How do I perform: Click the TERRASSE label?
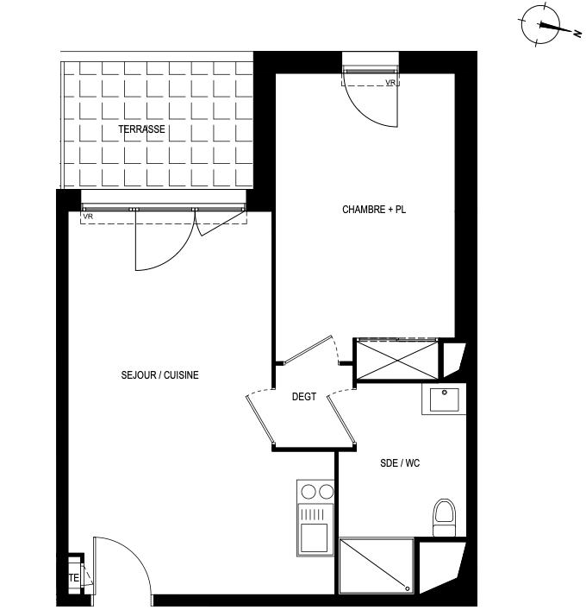[141, 129]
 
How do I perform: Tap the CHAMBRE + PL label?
[373, 210]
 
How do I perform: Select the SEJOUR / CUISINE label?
[160, 374]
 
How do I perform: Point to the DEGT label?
[304, 397]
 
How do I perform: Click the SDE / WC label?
[400, 463]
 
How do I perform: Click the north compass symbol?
[540, 25]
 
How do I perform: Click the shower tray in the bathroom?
[377, 566]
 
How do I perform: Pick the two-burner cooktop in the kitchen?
[315, 493]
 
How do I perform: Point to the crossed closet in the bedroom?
[396, 359]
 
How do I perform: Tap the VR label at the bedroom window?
[390, 83]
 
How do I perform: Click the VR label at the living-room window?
[88, 217]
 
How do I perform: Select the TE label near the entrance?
[74, 577]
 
